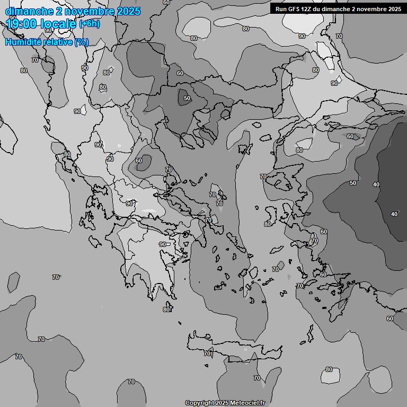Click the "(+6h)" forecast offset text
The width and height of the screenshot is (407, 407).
pos(89,24)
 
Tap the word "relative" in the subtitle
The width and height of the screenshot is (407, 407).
pos(56,42)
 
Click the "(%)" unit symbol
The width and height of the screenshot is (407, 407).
pos(82,42)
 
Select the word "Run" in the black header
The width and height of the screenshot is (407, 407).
pos(281,9)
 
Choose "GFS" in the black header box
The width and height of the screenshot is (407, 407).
pos(294,9)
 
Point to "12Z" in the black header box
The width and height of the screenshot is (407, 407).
pos(308,9)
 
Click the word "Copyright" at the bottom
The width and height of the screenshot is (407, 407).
pos(200,403)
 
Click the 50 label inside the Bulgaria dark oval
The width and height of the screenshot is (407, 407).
pos(187,98)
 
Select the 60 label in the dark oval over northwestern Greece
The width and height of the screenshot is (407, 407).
pos(139,161)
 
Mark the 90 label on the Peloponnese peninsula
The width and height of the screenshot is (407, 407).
pos(162,244)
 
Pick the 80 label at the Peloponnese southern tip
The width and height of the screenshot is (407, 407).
pos(166,309)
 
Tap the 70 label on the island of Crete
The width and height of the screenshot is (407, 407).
pos(207,353)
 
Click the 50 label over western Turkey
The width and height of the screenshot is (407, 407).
pos(353,183)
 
